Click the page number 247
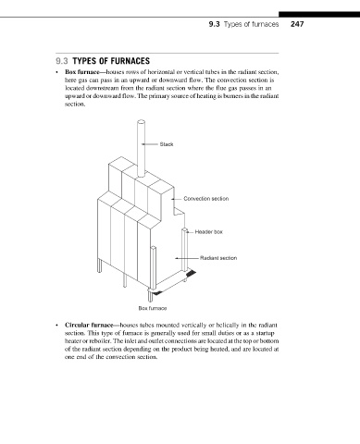(x=297, y=24)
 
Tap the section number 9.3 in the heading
(x=62, y=61)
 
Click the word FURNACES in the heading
(x=130, y=61)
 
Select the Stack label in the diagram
(x=167, y=144)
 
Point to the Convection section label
(x=206, y=199)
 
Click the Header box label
(x=209, y=231)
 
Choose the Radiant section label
(x=218, y=258)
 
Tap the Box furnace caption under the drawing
(x=153, y=308)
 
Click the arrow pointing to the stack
(x=150, y=144)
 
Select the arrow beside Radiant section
(x=187, y=258)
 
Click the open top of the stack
(x=141, y=122)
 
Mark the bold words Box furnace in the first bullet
(x=81, y=72)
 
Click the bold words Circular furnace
(x=89, y=325)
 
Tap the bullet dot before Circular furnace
(x=56, y=326)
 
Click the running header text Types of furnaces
(x=251, y=24)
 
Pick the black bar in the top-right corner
(x=319, y=15)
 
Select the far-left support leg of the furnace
(x=99, y=265)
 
